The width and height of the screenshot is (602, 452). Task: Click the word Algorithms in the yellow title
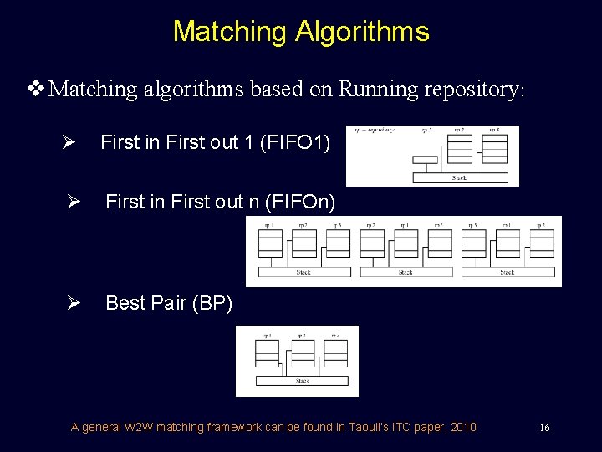361,32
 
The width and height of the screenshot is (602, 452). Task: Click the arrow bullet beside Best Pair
72,304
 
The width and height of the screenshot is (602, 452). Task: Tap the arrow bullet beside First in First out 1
72,143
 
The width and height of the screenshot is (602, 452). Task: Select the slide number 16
544,428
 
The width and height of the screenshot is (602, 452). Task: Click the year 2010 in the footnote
463,428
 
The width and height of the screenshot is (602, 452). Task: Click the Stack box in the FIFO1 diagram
460,177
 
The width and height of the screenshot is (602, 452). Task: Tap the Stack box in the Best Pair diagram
302,381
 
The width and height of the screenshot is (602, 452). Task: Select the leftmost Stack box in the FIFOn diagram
304,272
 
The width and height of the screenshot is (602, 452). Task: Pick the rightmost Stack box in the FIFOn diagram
508,272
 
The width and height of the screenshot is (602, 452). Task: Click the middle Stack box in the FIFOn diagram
406,272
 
